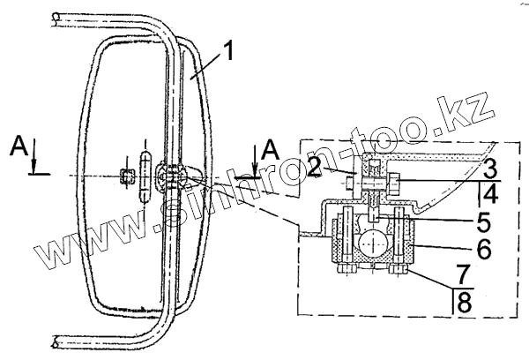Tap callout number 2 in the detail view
314,168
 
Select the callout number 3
490,169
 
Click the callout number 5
483,222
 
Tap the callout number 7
464,274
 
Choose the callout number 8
465,303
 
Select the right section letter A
271,150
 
